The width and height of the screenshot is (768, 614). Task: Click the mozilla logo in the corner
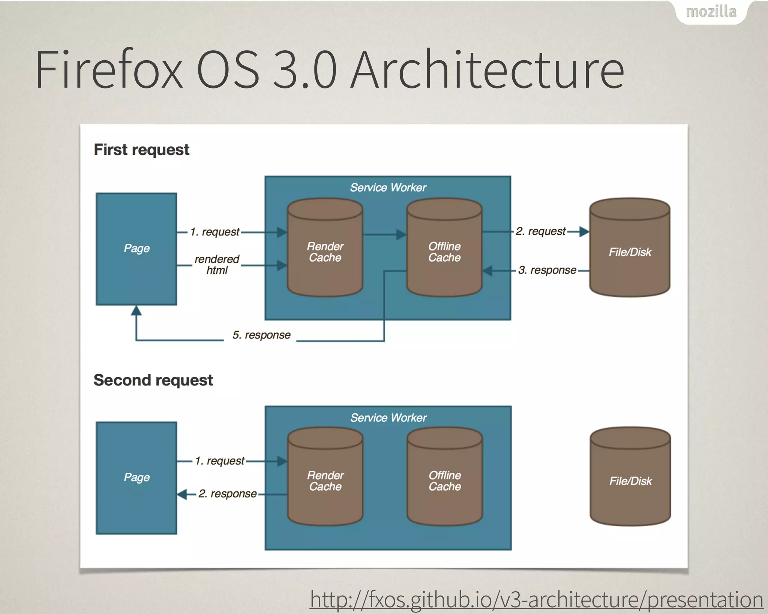click(711, 12)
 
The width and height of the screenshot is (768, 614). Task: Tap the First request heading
click(141, 150)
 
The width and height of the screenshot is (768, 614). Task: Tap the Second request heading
click(153, 380)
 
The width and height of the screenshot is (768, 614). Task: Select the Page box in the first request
click(136, 249)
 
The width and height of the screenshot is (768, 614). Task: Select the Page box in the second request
click(136, 478)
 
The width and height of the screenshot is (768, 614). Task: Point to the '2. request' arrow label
click(540, 231)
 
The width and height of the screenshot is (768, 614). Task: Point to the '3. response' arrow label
click(547, 270)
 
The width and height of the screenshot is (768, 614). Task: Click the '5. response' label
click(261, 335)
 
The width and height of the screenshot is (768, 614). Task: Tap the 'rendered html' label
click(217, 265)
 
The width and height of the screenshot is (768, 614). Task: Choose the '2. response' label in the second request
click(227, 494)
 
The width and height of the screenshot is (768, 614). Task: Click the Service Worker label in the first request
click(388, 187)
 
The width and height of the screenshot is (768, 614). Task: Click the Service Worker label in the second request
click(388, 418)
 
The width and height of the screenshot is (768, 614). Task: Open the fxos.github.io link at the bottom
click(536, 599)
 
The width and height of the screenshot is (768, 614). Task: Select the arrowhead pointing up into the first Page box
click(136, 311)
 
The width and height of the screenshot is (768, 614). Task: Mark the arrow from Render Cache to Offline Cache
click(385, 235)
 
